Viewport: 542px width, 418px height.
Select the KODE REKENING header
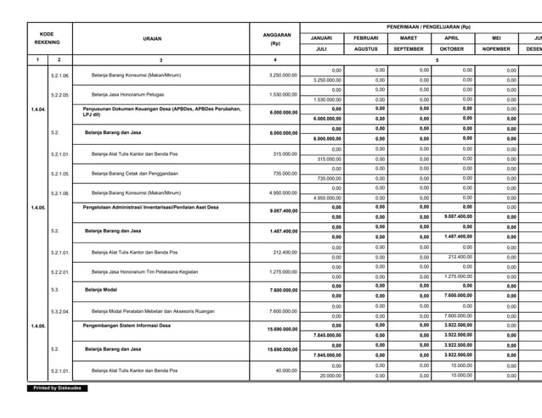click(48, 38)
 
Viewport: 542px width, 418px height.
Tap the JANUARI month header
click(321, 38)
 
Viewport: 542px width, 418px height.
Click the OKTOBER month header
click(452, 49)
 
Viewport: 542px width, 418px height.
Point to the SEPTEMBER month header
click(409, 49)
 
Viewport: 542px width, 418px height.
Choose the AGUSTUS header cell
click(365, 49)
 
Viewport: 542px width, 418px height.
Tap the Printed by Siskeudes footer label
click(57, 387)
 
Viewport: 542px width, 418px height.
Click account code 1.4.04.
click(38, 110)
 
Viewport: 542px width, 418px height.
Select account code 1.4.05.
click(38, 208)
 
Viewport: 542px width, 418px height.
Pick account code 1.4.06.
click(38, 326)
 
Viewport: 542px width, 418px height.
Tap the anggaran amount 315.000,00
click(285, 153)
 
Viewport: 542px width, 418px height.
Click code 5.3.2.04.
click(59, 311)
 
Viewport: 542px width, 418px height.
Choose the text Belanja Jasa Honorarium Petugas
click(127, 94)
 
